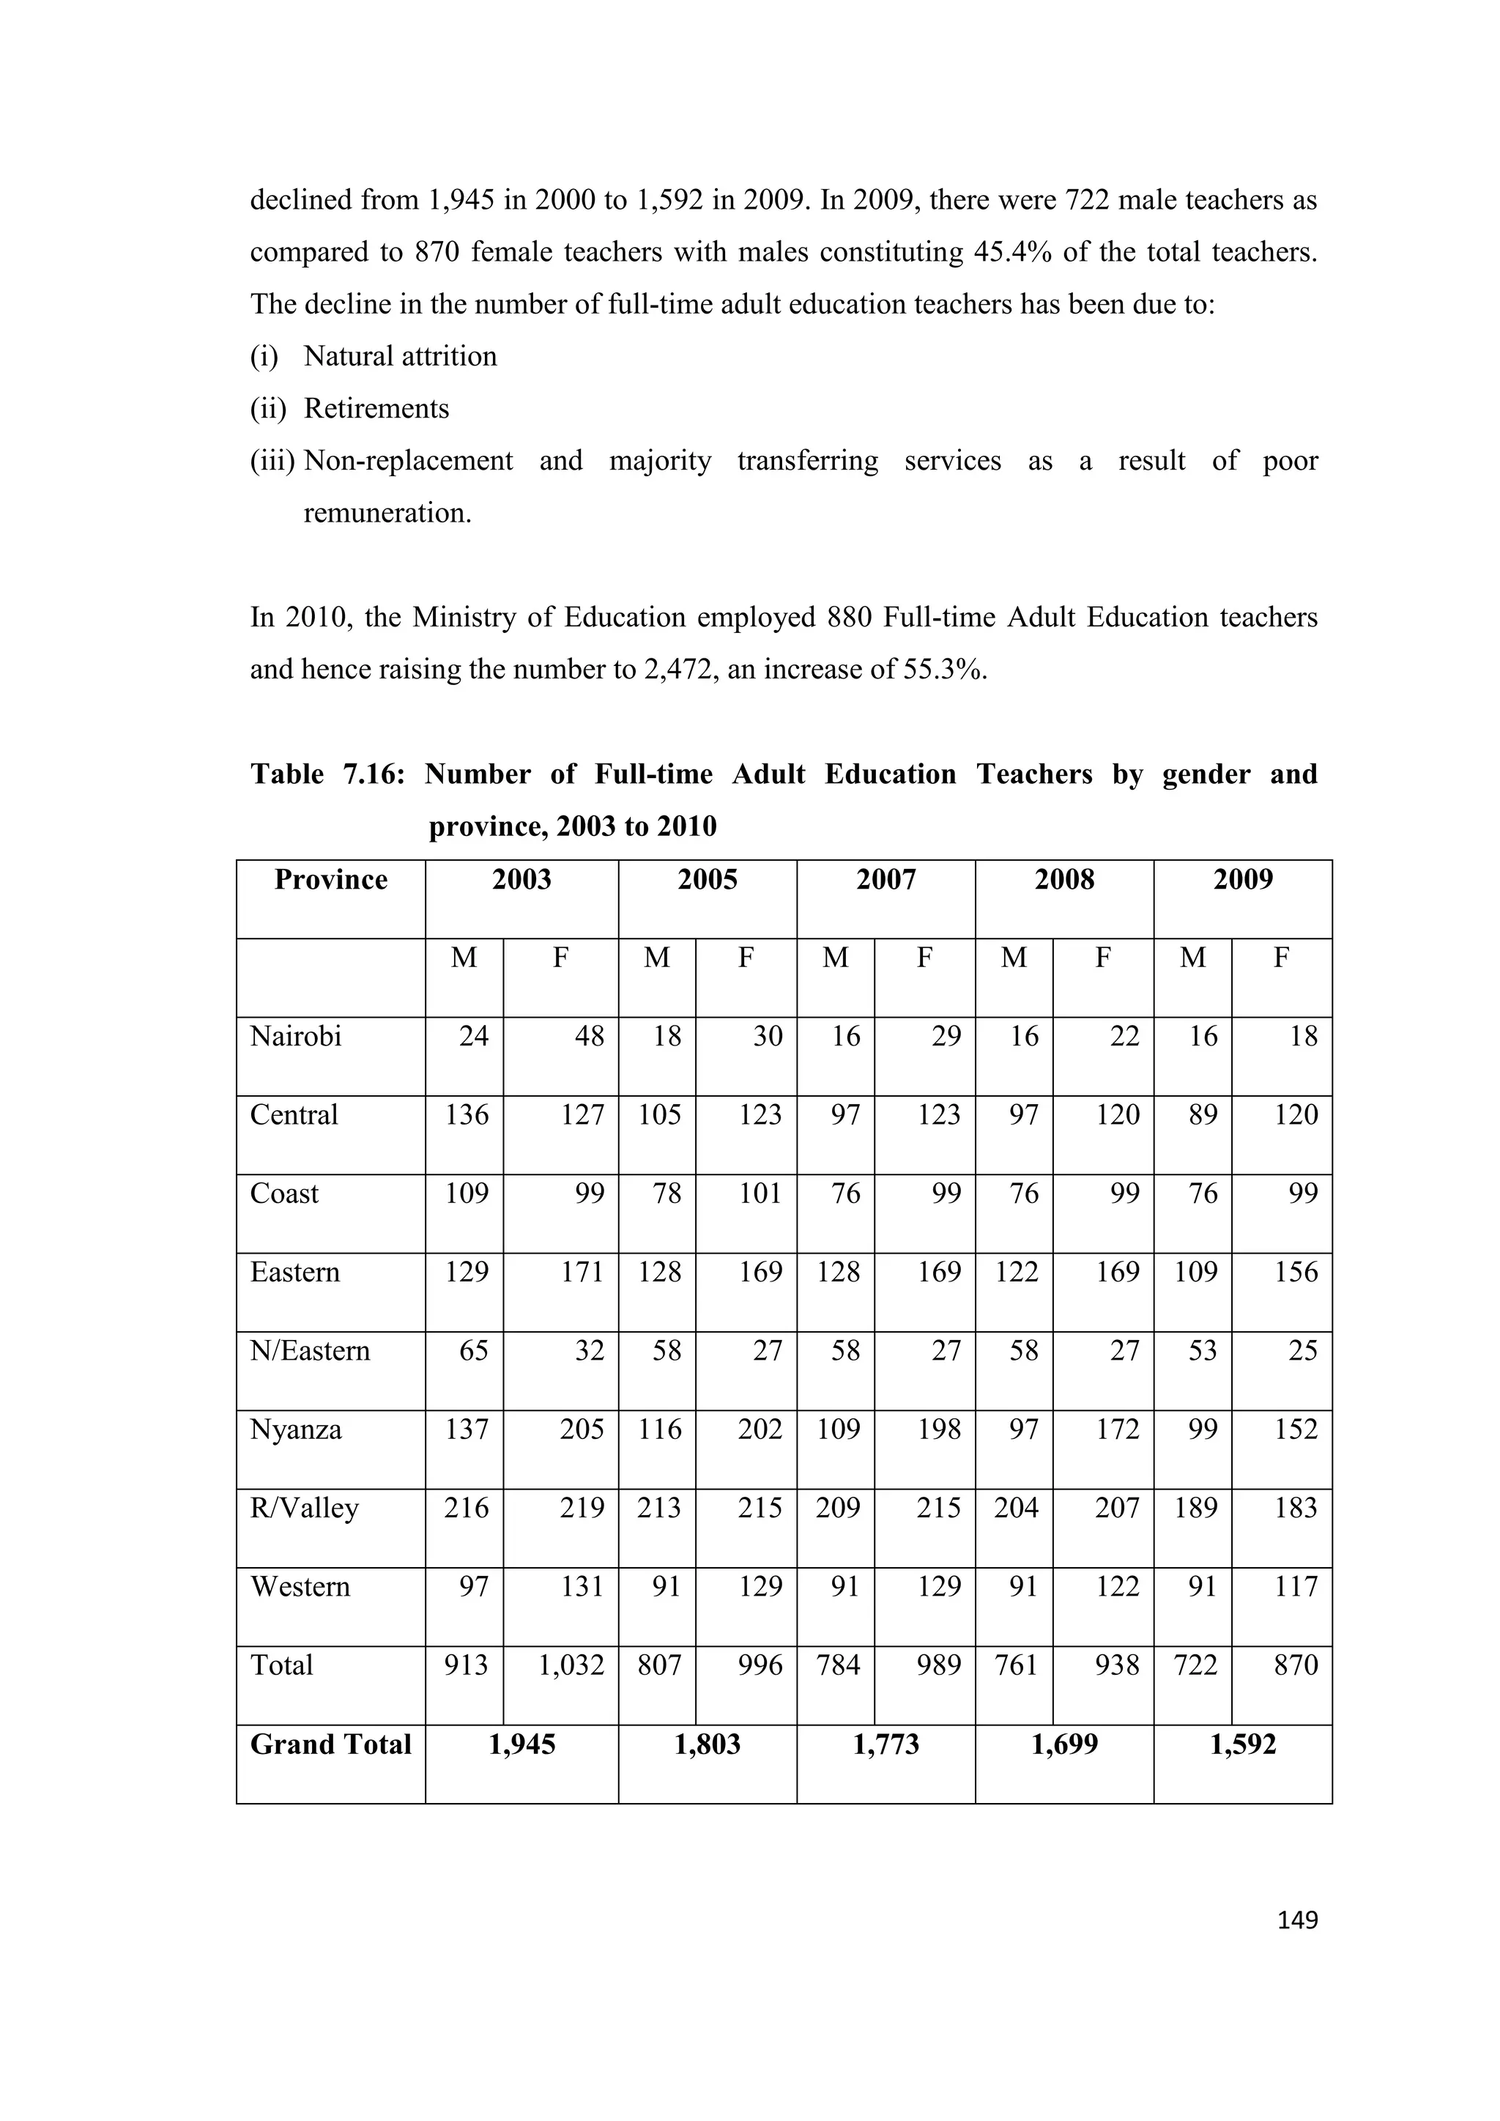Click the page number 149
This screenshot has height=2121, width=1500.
(1297, 1920)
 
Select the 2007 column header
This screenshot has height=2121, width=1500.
(885, 879)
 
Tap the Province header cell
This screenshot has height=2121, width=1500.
(330, 879)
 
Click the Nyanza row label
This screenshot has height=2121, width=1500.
(296, 1429)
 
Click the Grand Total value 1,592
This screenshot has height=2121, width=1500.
(1242, 1744)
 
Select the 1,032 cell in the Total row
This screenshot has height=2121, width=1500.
(571, 1665)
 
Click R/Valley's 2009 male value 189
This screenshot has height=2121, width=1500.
(1196, 1508)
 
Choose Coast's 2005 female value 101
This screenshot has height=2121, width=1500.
(760, 1193)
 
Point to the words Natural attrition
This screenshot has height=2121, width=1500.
(400, 357)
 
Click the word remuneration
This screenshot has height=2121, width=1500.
(387, 513)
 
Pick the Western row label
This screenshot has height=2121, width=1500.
(300, 1586)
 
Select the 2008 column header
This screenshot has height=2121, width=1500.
(1064, 879)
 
